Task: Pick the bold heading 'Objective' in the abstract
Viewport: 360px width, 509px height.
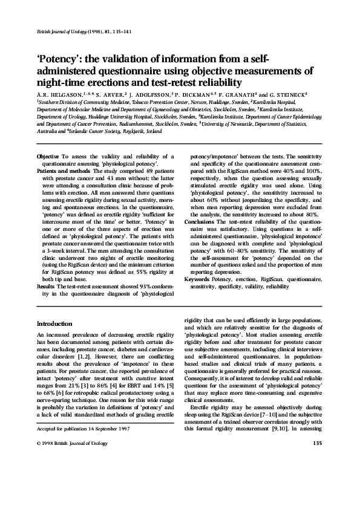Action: (48, 157)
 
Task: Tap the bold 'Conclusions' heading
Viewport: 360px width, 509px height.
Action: (199, 222)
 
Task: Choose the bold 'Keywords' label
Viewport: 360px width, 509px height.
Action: (197, 280)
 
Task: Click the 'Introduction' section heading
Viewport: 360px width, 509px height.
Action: (55, 324)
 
